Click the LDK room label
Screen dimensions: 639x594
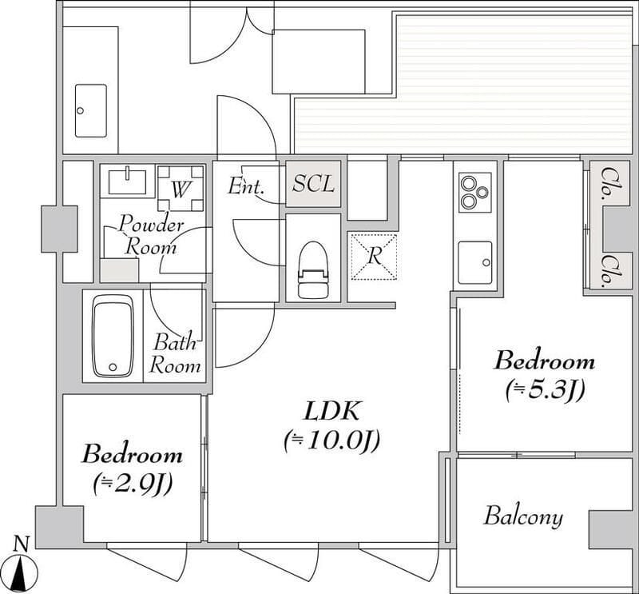coord(331,411)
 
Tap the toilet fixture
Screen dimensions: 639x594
coord(313,269)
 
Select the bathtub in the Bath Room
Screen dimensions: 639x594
coord(113,336)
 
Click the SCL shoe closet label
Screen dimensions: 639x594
coord(313,184)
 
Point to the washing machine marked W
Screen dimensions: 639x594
coord(181,188)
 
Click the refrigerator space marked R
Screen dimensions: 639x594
coord(374,256)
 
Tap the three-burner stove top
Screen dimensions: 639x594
coord(474,192)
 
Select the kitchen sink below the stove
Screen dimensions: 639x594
coord(474,263)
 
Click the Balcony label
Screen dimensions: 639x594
coord(523,516)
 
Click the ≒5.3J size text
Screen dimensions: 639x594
coord(545,391)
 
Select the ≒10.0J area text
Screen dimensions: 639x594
coord(331,441)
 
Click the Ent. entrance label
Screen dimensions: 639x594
coord(246,186)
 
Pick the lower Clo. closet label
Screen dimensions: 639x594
coord(609,269)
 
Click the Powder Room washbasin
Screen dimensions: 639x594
coord(127,181)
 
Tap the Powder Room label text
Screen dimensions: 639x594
coord(151,236)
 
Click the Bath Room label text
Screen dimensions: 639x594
coord(175,353)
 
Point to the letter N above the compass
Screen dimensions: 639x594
coord(22,544)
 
